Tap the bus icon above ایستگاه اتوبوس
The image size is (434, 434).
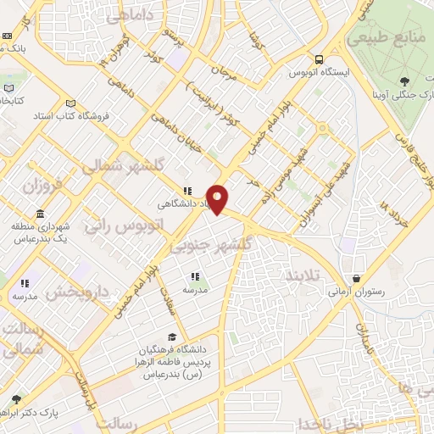point(319,60)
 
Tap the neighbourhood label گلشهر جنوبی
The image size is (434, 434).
point(212,245)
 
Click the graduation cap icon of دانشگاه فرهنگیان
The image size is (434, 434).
point(173,337)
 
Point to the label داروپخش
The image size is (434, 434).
point(78,292)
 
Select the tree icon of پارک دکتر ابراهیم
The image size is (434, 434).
point(16,398)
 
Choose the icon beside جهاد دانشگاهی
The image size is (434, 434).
point(187,192)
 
